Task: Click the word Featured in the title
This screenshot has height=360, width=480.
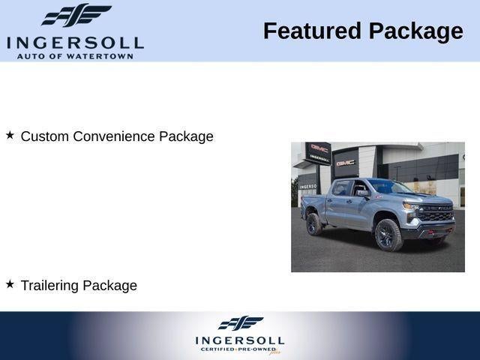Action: click(x=311, y=31)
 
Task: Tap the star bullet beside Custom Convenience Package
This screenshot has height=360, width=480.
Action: click(x=10, y=136)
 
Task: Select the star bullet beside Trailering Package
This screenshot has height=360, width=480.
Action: click(x=10, y=284)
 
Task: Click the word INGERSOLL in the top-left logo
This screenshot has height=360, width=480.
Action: click(x=74, y=42)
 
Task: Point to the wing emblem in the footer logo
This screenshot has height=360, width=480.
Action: click(x=240, y=323)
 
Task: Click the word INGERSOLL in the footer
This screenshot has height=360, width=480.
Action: click(x=240, y=340)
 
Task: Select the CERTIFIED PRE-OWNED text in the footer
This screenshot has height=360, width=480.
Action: click(x=238, y=349)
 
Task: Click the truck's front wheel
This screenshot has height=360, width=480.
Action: click(x=388, y=234)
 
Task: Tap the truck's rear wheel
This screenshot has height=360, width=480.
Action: click(x=314, y=223)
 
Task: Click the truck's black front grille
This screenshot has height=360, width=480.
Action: click(x=436, y=213)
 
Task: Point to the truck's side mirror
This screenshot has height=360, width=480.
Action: click(x=363, y=193)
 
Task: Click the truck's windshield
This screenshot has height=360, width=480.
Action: click(x=388, y=187)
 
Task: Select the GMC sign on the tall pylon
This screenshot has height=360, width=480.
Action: click(x=320, y=148)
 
